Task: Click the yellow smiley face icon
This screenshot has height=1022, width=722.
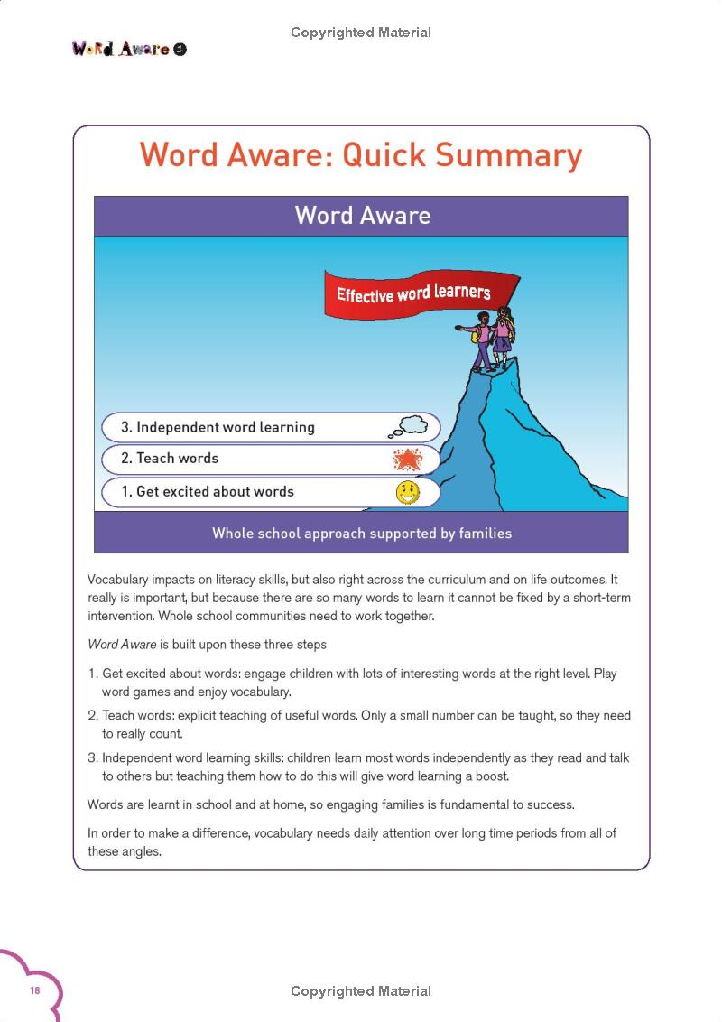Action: click(408, 493)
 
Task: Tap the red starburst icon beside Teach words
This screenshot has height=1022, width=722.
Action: click(408, 460)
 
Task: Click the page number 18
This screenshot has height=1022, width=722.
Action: click(35, 990)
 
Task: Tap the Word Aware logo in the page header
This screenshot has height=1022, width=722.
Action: click(128, 49)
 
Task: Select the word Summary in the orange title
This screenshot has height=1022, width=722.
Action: click(511, 154)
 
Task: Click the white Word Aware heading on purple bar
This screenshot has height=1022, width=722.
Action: click(362, 216)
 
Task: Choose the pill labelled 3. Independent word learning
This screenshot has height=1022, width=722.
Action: click(271, 427)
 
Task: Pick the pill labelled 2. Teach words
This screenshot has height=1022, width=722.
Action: click(271, 459)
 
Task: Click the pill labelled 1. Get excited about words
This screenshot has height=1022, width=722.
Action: click(271, 492)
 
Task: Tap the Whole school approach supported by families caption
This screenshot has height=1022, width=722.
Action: click(362, 534)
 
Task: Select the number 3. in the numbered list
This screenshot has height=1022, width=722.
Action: click(93, 758)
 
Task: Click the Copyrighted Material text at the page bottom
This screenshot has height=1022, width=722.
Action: click(361, 991)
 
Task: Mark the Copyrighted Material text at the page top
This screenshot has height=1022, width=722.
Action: click(361, 33)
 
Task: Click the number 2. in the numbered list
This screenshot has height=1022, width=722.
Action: click(93, 716)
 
